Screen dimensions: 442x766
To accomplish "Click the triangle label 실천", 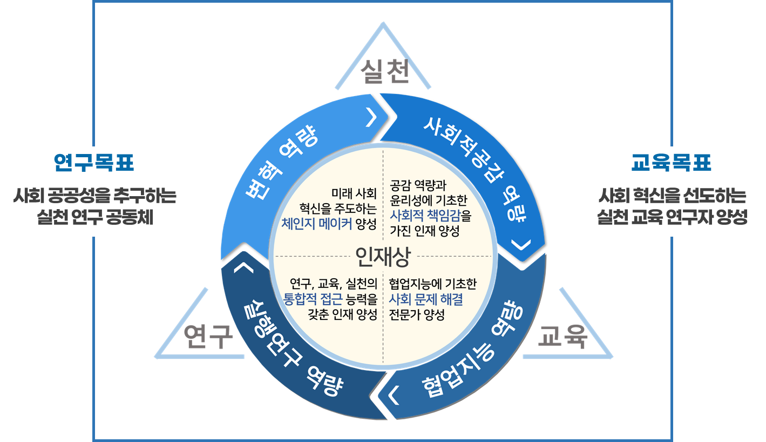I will pos(385,72).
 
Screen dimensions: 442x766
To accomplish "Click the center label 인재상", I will pos(383,257).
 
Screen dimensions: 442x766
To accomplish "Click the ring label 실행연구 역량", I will pos(292,351).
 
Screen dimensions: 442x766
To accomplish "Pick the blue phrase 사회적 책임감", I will pos(425,218).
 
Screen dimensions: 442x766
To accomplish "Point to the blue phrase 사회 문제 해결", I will pos(426,299).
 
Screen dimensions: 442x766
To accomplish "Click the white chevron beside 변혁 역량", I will pos(370,118).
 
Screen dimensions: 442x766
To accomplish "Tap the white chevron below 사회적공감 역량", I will pos(520,245).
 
